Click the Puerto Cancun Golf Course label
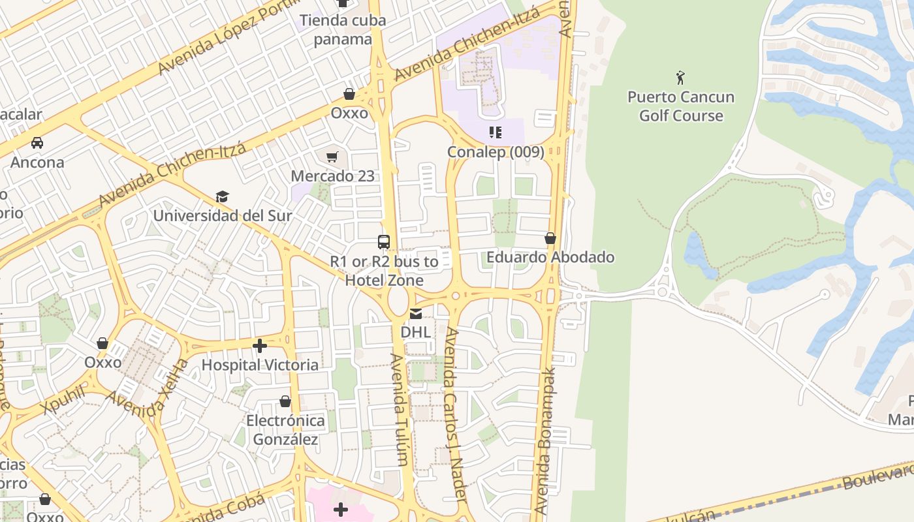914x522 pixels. pyautogui.click(x=681, y=106)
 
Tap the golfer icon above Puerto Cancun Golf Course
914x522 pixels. pyautogui.click(x=681, y=78)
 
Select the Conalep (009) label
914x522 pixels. pyautogui.click(x=496, y=152)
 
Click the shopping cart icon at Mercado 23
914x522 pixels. pyautogui.click(x=332, y=157)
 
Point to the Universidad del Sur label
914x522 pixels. pyautogui.click(x=223, y=215)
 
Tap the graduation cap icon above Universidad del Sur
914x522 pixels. pyautogui.click(x=223, y=197)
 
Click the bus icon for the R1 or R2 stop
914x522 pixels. pyautogui.click(x=384, y=242)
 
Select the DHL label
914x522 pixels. pyautogui.click(x=416, y=332)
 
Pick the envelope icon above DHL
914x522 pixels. pyautogui.click(x=416, y=314)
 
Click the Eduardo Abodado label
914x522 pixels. pyautogui.click(x=550, y=257)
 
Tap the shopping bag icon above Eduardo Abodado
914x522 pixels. pyautogui.click(x=550, y=239)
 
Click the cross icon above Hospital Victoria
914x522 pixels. pyautogui.click(x=260, y=346)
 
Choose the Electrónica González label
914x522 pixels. pyautogui.click(x=285, y=430)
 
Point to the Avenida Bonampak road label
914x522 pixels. pyautogui.click(x=545, y=440)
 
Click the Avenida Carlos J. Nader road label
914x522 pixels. pyautogui.click(x=455, y=414)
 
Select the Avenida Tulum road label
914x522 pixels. pyautogui.click(x=400, y=410)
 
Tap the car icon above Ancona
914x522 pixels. pyautogui.click(x=37, y=143)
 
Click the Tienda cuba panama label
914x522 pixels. pyautogui.click(x=343, y=29)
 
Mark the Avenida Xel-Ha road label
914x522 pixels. pyautogui.click(x=147, y=390)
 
